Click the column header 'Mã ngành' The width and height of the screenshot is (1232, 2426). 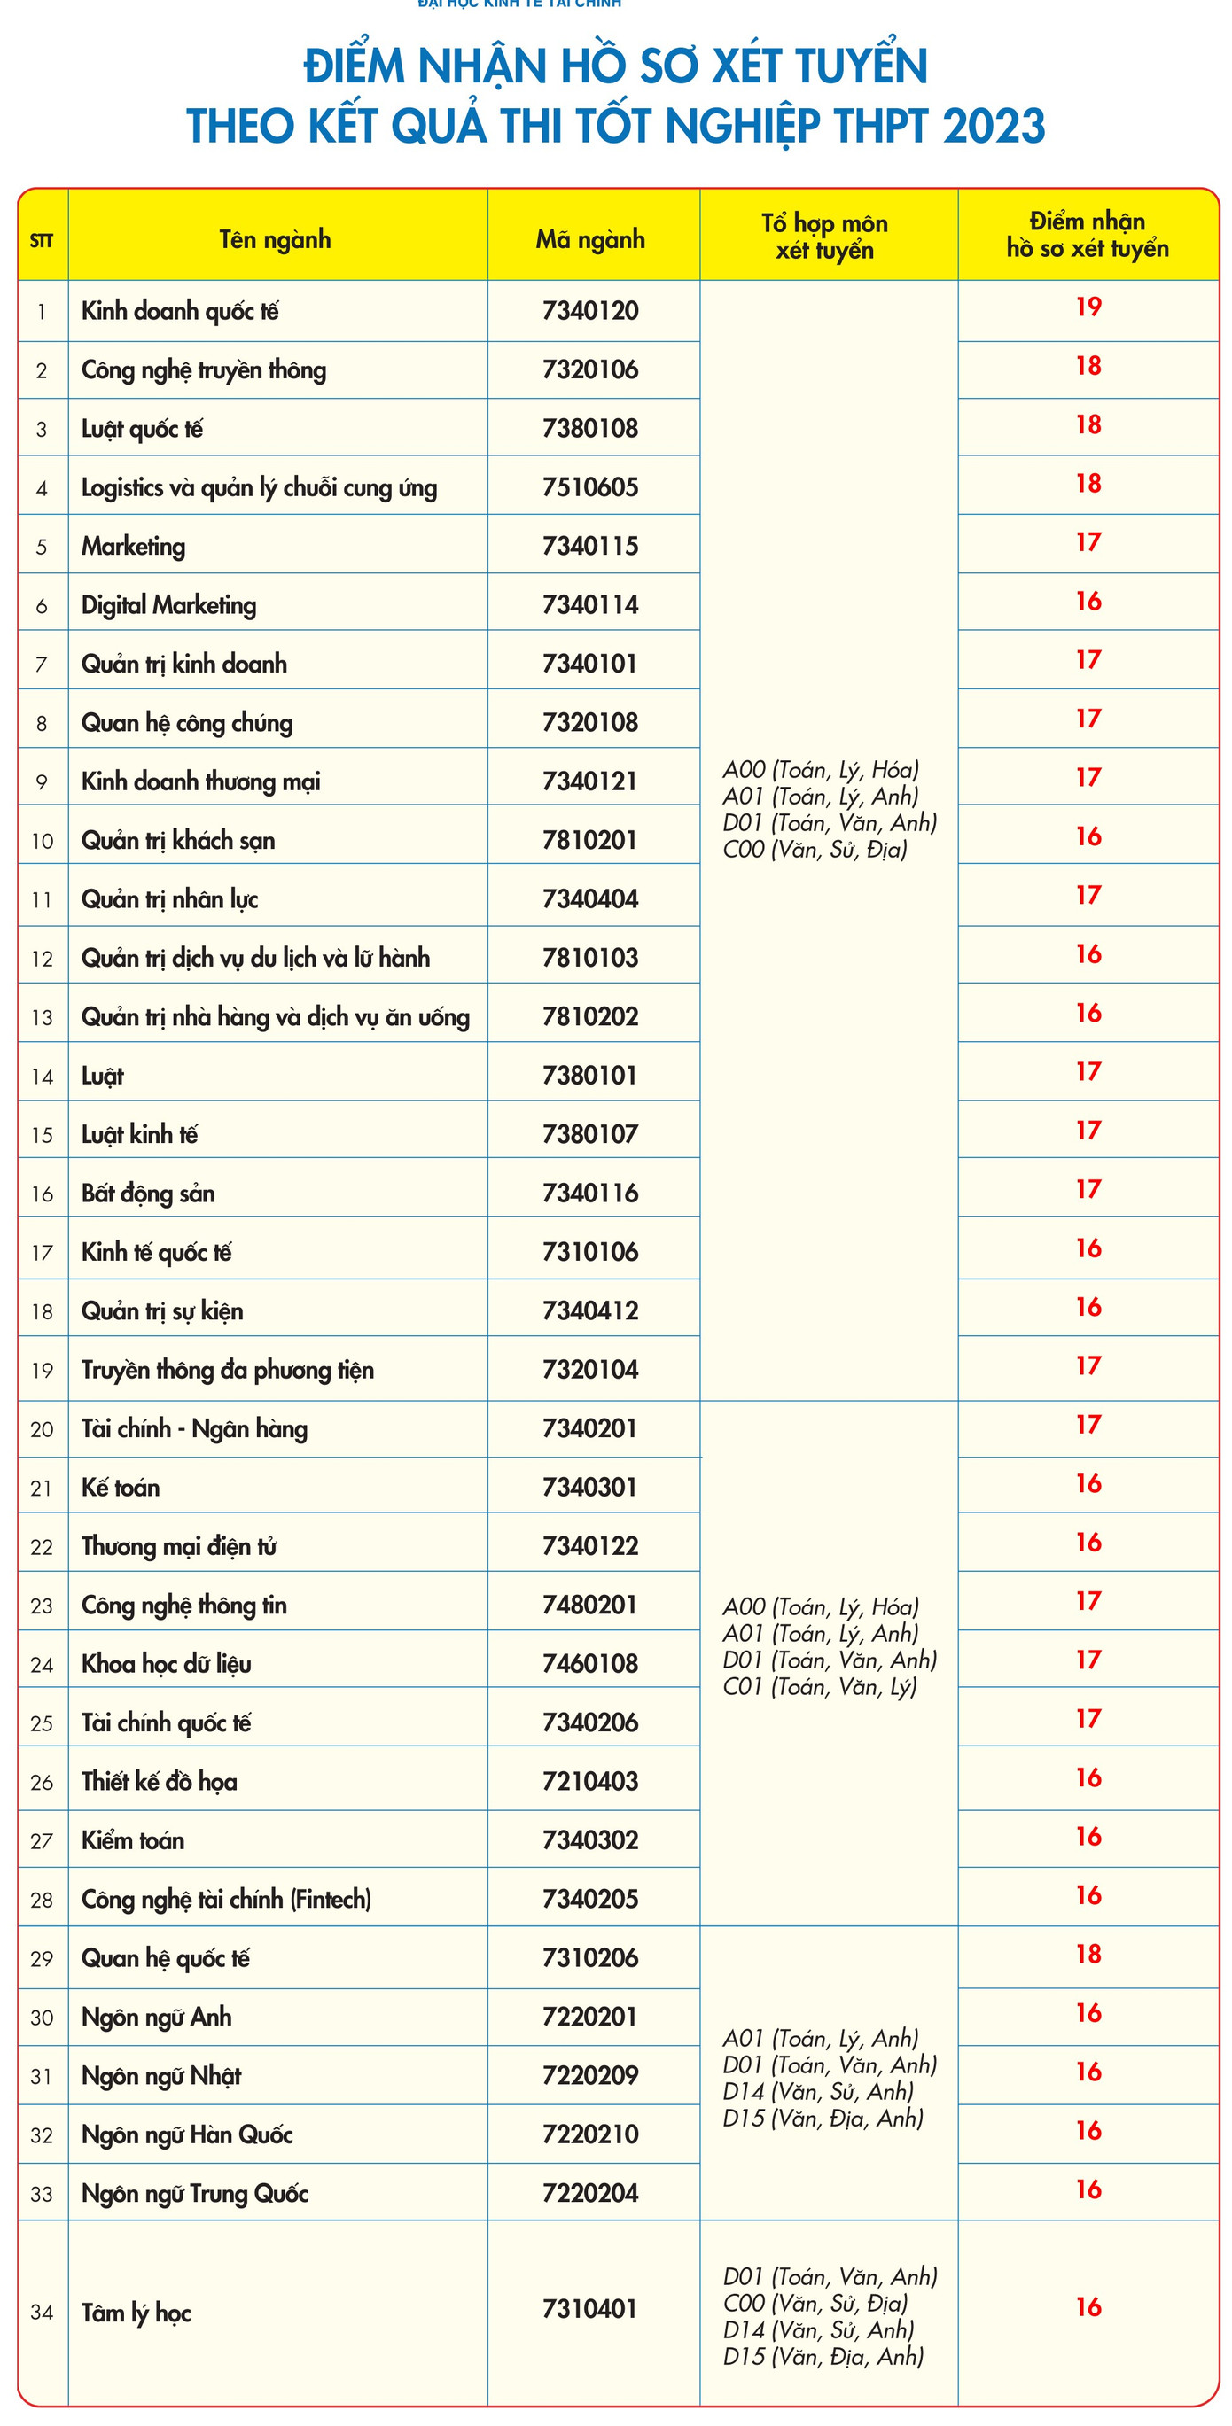[x=590, y=239]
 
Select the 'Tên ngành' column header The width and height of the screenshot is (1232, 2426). [x=275, y=239]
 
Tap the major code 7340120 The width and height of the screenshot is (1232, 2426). [x=590, y=311]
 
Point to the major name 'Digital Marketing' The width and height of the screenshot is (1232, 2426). [x=168, y=604]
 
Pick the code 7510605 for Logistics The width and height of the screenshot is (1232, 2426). [x=590, y=487]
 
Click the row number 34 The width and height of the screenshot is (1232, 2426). [x=42, y=2312]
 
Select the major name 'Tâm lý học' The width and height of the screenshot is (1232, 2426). [x=136, y=2313]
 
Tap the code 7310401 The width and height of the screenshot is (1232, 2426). [x=590, y=2309]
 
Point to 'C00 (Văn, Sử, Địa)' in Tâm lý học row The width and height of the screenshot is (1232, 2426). [x=815, y=2304]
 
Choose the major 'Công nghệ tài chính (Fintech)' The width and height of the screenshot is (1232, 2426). [x=226, y=1899]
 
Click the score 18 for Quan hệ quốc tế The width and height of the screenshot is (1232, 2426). [x=1088, y=1954]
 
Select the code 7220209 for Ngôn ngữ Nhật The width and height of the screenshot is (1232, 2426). [x=590, y=2076]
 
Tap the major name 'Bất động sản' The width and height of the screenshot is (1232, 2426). [x=148, y=1194]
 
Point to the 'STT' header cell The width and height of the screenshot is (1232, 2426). [x=42, y=240]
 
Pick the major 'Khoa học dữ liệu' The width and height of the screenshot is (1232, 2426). [x=167, y=1663]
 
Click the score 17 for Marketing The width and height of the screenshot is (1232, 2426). [x=1088, y=542]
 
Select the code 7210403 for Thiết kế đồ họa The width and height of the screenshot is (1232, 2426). [x=590, y=1781]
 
